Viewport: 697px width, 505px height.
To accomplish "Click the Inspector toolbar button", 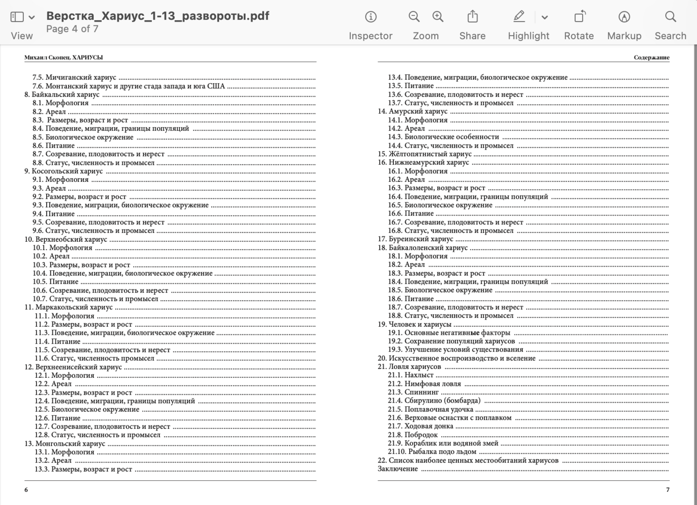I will (370, 17).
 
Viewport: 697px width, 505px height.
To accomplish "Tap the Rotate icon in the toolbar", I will (579, 17).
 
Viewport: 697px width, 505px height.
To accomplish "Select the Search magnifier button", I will (670, 17).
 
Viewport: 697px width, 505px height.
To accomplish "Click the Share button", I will (472, 17).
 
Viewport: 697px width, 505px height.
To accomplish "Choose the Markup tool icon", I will (624, 17).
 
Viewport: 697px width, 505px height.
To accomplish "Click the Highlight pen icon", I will (519, 17).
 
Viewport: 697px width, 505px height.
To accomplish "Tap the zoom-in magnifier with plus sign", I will (438, 17).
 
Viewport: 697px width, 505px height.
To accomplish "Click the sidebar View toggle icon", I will (17, 17).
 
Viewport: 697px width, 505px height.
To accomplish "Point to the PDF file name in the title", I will (157, 16).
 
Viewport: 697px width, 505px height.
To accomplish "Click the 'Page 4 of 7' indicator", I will (72, 29).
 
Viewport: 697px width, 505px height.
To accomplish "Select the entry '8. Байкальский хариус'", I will (62, 94).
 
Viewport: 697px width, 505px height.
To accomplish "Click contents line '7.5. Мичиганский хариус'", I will (74, 78).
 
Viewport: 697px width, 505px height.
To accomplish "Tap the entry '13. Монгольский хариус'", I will (65, 444).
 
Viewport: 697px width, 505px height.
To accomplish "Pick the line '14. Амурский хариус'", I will (413, 111).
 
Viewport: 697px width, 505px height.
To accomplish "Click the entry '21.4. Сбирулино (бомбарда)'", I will (434, 401).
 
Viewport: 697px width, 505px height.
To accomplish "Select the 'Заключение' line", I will (398, 469).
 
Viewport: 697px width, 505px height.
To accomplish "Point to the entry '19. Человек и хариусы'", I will (414, 325).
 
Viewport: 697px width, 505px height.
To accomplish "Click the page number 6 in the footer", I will (26, 490).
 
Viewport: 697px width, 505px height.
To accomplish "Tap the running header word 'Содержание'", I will (651, 58).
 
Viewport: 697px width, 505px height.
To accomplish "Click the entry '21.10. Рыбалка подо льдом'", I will (432, 452).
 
